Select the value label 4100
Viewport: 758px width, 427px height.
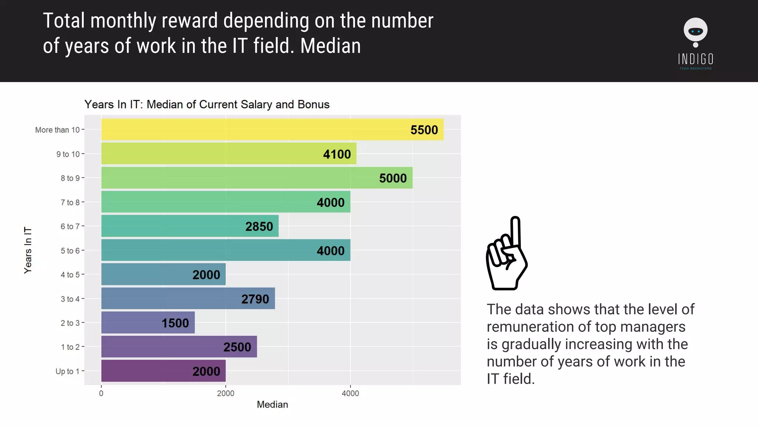coord(337,154)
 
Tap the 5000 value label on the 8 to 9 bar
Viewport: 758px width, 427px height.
coord(393,178)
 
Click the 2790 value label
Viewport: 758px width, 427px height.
coord(255,299)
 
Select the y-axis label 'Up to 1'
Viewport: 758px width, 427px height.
coord(67,371)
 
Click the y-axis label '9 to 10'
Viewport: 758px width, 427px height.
coord(68,154)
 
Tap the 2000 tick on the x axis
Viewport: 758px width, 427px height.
coord(225,394)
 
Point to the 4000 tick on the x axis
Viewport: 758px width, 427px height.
coord(350,394)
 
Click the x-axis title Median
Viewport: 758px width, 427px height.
coord(272,405)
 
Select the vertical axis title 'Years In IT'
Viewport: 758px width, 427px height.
coord(28,250)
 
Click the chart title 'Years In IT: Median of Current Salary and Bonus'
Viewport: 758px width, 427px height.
coord(207,105)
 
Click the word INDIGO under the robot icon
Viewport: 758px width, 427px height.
coord(695,59)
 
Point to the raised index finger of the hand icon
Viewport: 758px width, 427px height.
coord(515,230)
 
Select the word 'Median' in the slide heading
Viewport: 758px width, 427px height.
coord(330,46)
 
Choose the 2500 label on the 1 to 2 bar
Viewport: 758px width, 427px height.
coord(237,347)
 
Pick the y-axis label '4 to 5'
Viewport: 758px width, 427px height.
coord(70,275)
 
